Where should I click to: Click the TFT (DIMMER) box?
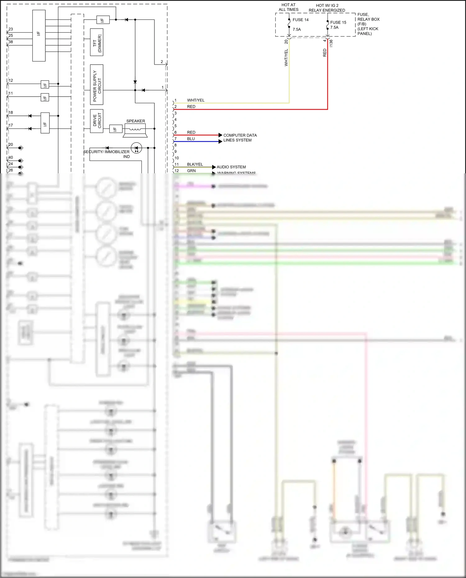[x=97, y=42]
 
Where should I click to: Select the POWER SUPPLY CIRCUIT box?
[x=97, y=84]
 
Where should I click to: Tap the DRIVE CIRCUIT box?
[x=97, y=121]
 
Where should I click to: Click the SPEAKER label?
[x=135, y=121]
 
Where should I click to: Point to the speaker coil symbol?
[x=135, y=129]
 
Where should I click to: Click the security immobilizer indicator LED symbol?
[x=136, y=148]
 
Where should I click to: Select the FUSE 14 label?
[x=300, y=20]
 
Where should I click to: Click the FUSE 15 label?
[x=338, y=22]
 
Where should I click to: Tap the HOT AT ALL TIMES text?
[x=288, y=7]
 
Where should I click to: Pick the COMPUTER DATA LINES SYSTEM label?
[x=240, y=138]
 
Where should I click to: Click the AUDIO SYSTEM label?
[x=231, y=167]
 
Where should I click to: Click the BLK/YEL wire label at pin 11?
[x=195, y=164]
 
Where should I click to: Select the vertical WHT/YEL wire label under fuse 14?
[x=286, y=57]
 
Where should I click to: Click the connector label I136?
[x=331, y=43]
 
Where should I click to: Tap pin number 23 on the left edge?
[x=11, y=29]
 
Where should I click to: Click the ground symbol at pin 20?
[x=21, y=148]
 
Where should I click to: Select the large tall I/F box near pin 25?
[x=39, y=35]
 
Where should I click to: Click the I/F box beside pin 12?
[x=45, y=84]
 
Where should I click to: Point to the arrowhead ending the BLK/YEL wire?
[x=214, y=167]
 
